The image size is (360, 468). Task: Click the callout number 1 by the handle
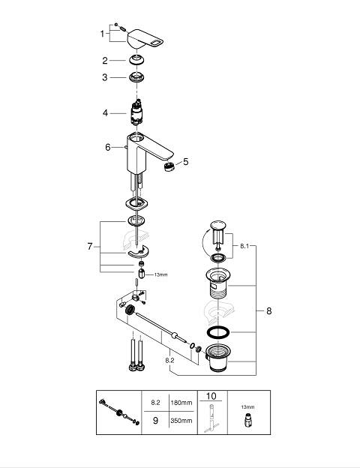tap(102, 34)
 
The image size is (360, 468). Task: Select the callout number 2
tap(105, 61)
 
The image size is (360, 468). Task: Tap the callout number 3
tap(104, 77)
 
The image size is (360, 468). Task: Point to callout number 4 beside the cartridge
tap(105, 113)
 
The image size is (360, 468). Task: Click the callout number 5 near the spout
tap(186, 162)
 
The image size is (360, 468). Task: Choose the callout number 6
tap(108, 147)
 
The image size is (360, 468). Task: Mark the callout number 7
tap(90, 247)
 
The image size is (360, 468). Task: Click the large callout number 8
tap(269, 311)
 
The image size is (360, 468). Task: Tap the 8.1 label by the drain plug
tap(244, 246)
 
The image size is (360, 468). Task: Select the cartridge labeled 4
tap(136, 112)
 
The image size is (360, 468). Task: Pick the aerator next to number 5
tap(169, 166)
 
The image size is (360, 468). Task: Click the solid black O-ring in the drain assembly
tap(218, 332)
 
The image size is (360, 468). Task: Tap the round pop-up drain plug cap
tap(218, 225)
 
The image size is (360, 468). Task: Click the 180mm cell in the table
tap(181, 403)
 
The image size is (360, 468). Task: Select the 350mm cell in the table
tap(181, 421)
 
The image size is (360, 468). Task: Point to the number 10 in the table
tap(211, 396)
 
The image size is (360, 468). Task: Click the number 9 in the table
tap(155, 421)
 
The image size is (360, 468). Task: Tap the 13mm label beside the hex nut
tap(160, 274)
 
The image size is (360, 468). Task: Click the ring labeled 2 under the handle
tap(137, 60)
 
